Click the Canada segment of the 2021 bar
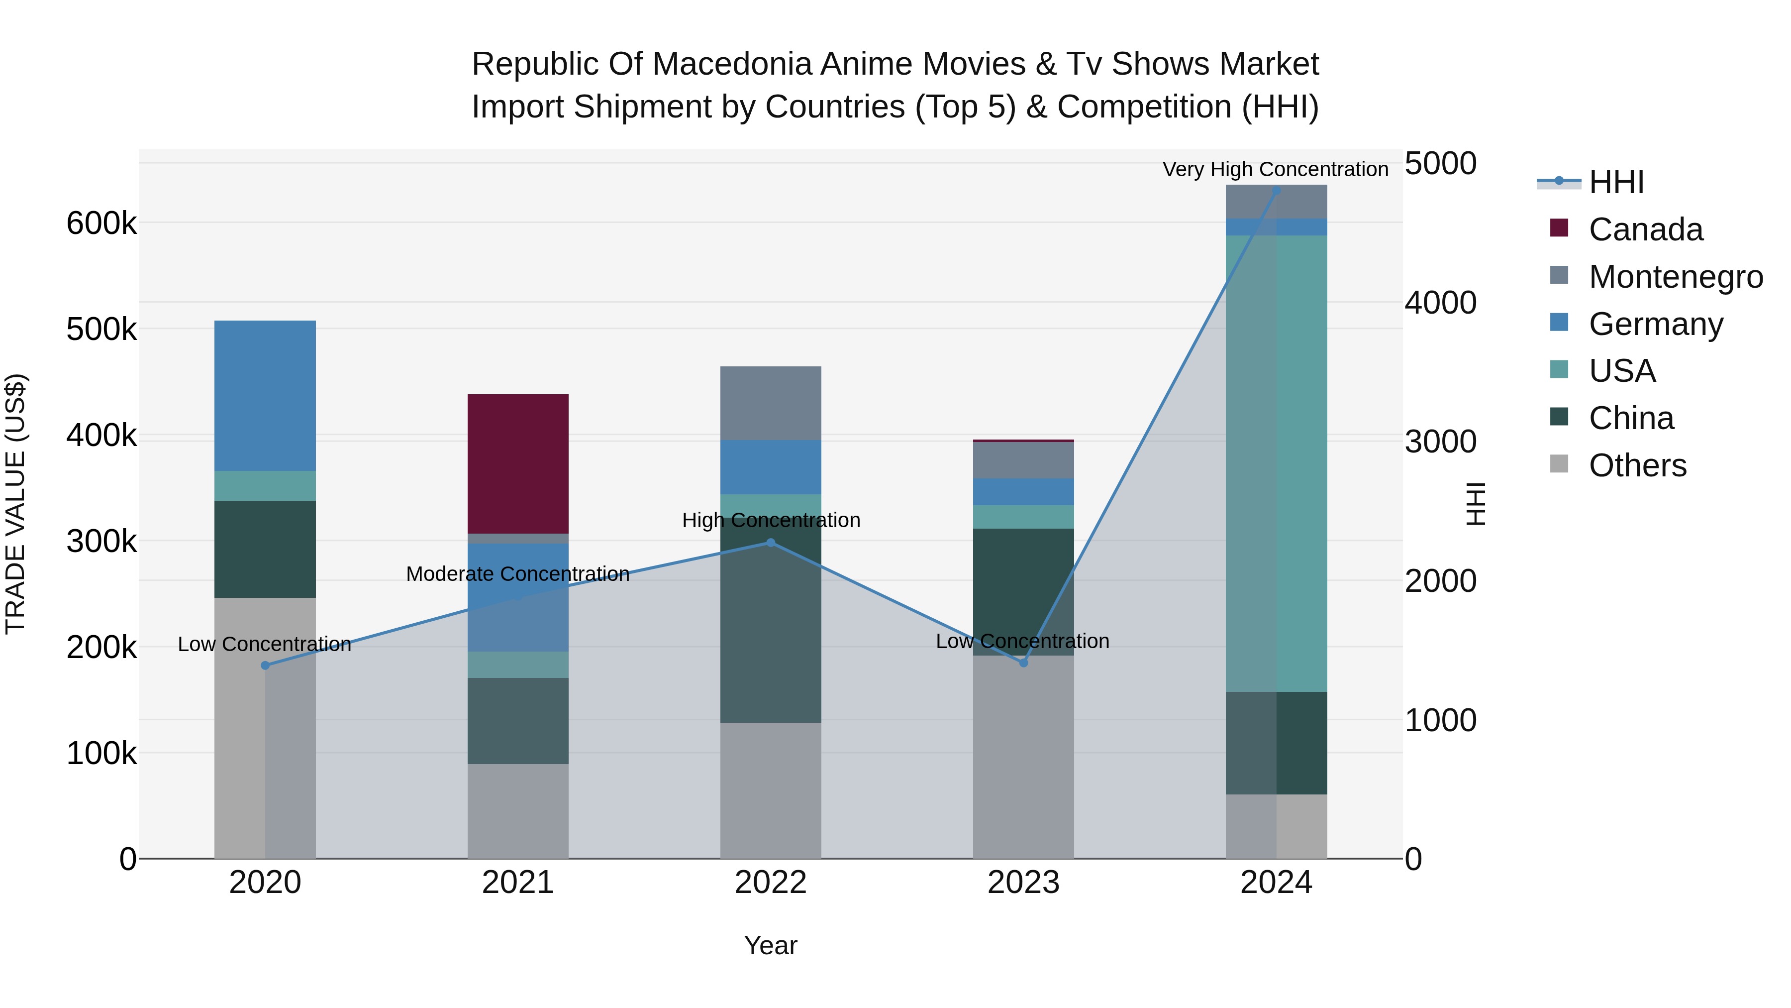click(x=518, y=463)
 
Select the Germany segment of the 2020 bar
click(x=265, y=395)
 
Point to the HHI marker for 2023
click(x=1023, y=663)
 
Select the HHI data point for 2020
click(x=265, y=666)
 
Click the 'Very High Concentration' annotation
click(x=1275, y=169)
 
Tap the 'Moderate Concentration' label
click(x=517, y=574)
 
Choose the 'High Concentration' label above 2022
click(x=771, y=520)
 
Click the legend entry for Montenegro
click(x=1676, y=277)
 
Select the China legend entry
click(x=1631, y=418)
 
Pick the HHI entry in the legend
click(x=1616, y=182)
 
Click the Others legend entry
click(x=1637, y=465)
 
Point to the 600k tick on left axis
click(x=101, y=224)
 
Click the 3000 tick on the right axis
click(x=1440, y=442)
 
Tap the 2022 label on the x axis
click(x=770, y=883)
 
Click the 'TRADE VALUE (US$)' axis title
click(x=15, y=504)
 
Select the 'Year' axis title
click(x=770, y=945)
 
